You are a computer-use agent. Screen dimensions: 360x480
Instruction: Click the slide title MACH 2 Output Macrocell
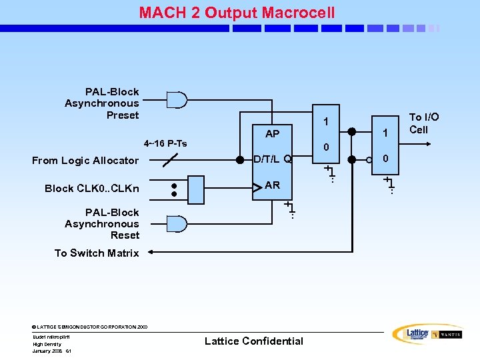(237, 13)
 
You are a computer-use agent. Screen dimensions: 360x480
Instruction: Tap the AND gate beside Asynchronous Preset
(177, 100)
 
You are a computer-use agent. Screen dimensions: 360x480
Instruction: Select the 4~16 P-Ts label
(165, 143)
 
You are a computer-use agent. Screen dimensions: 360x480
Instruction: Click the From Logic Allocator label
(85, 160)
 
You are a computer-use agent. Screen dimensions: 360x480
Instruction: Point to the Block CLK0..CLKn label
(92, 188)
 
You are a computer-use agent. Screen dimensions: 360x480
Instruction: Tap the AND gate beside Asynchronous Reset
(177, 223)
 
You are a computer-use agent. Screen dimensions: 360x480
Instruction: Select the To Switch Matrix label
(97, 253)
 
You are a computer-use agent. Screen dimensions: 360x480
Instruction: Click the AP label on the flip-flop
(272, 134)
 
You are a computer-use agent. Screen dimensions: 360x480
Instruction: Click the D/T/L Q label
(273, 159)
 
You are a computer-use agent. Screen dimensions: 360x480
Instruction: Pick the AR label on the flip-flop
(272, 185)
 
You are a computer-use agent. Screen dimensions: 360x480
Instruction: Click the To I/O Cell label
(423, 123)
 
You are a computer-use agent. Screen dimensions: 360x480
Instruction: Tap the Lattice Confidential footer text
(253, 341)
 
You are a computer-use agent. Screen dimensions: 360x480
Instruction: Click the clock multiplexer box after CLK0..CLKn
(197, 189)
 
